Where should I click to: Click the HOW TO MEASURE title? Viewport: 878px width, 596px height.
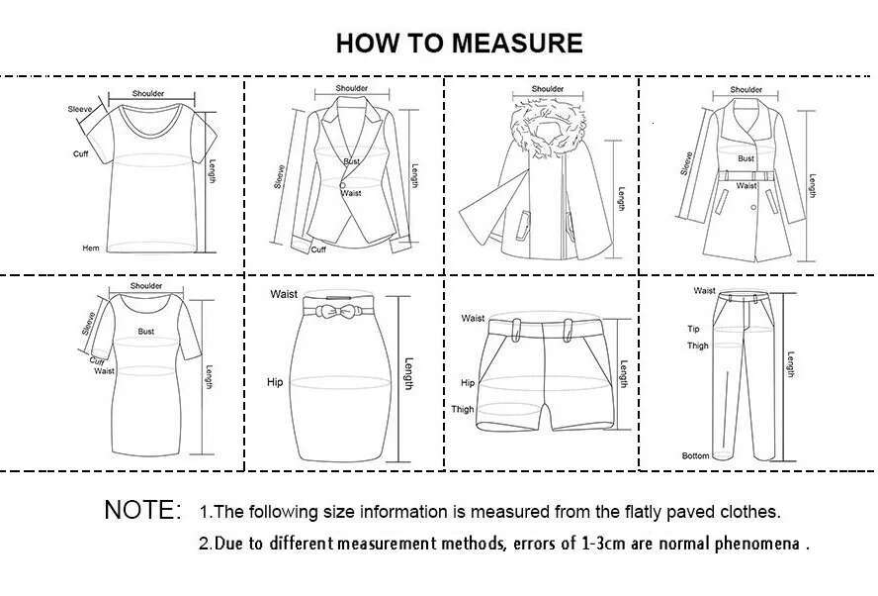point(459,44)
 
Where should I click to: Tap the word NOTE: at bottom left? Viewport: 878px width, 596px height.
point(142,511)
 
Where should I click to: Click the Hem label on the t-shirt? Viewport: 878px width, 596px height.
point(90,248)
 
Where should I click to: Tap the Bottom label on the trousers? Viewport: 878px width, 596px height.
point(695,455)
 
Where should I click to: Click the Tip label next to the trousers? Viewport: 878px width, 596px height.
point(693,329)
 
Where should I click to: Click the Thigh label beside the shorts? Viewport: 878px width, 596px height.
point(463,409)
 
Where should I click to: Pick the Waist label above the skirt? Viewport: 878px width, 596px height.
point(284,294)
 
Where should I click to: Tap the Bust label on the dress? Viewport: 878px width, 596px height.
point(146,332)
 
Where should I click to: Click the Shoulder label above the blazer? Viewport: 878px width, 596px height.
point(352,88)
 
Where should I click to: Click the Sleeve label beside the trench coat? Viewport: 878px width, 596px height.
point(686,162)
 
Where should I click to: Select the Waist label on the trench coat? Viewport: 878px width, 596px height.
point(746,185)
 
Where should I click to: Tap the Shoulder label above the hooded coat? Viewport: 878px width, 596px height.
point(547,88)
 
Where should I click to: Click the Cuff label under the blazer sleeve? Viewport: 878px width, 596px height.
point(318,249)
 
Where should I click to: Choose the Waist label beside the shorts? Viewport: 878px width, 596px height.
point(473,318)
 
